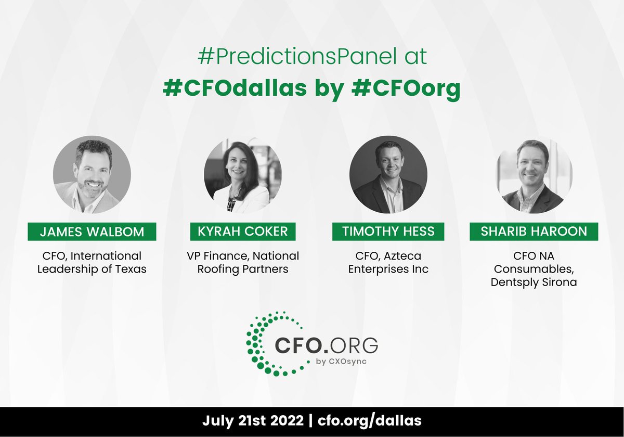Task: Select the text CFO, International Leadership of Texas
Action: click(92, 263)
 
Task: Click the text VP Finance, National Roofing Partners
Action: click(243, 263)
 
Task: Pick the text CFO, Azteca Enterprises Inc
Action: click(388, 263)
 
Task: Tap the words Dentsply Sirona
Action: click(534, 282)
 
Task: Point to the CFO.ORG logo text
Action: click(326, 344)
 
